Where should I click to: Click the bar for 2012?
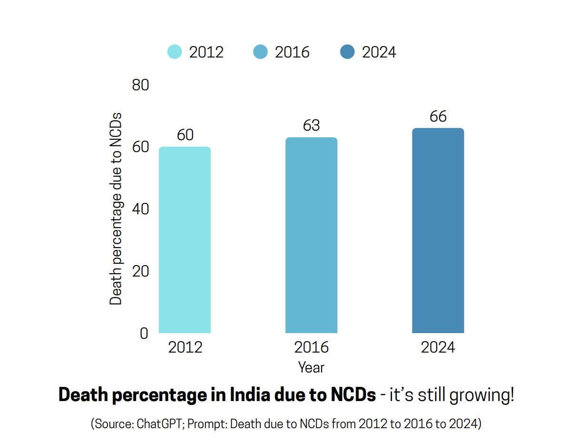pyautogui.click(x=185, y=240)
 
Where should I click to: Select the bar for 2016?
pyautogui.click(x=311, y=235)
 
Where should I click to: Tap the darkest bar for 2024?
pyautogui.click(x=438, y=230)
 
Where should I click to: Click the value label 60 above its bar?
pyautogui.click(x=185, y=135)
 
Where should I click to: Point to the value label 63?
pyautogui.click(x=312, y=125)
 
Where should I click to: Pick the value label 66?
pyautogui.click(x=438, y=116)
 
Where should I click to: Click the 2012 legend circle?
pyautogui.click(x=175, y=52)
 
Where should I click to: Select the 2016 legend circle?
pyautogui.click(x=261, y=52)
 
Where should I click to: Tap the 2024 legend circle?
pyautogui.click(x=348, y=52)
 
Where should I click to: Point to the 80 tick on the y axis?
pyautogui.click(x=140, y=86)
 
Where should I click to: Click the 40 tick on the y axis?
pyautogui.click(x=140, y=210)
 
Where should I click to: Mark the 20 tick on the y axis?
pyautogui.click(x=140, y=271)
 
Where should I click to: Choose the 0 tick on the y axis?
pyautogui.click(x=144, y=334)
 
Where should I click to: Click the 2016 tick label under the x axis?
pyautogui.click(x=312, y=347)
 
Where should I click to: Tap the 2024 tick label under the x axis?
pyautogui.click(x=438, y=347)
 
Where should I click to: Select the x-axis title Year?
pyautogui.click(x=311, y=367)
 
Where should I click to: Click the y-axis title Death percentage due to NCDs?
pyautogui.click(x=116, y=209)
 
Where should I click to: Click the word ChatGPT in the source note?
pyautogui.click(x=160, y=424)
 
